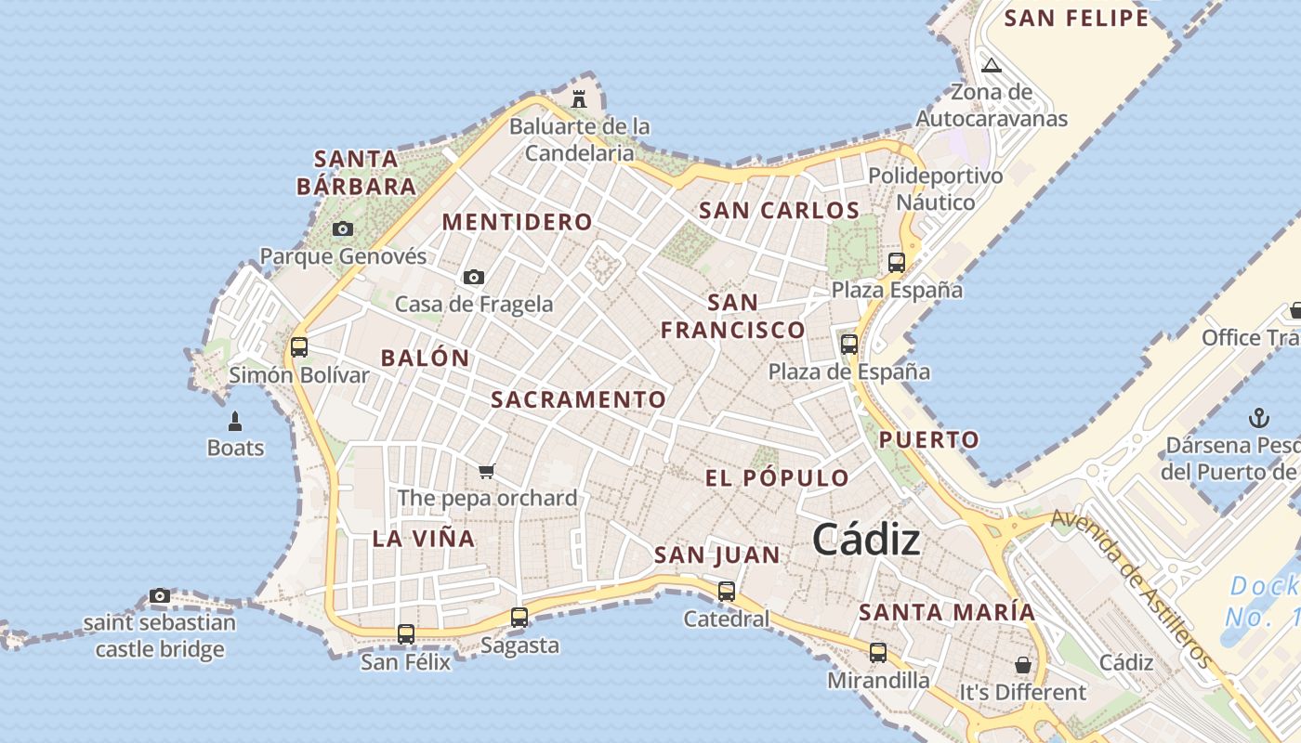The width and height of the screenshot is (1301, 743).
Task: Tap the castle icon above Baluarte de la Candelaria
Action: click(x=579, y=98)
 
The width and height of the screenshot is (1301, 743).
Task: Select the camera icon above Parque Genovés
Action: click(x=343, y=228)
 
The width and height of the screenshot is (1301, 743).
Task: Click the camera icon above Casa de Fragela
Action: click(x=474, y=277)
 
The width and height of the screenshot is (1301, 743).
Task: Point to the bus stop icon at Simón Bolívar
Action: click(x=298, y=347)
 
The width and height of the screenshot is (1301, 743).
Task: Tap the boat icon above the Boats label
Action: click(x=235, y=422)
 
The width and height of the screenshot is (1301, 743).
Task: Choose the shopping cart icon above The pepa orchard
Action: click(x=486, y=472)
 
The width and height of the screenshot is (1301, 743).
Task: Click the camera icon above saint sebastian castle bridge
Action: click(x=160, y=596)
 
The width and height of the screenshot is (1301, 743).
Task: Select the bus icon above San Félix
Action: click(x=405, y=634)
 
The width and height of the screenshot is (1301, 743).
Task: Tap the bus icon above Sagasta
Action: click(x=519, y=617)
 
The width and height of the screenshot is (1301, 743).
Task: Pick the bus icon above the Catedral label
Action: click(x=726, y=591)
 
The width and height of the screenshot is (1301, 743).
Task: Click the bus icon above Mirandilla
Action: click(x=877, y=653)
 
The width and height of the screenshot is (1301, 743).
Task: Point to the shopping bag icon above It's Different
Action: click(x=1022, y=665)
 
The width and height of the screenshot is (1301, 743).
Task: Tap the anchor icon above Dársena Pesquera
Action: click(x=1259, y=417)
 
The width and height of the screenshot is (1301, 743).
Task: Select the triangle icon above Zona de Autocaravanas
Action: click(x=992, y=65)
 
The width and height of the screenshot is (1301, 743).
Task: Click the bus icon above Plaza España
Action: click(x=896, y=262)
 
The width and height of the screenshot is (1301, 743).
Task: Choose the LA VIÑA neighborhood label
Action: click(x=424, y=539)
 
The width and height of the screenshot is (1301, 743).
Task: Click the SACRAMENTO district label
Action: click(x=578, y=399)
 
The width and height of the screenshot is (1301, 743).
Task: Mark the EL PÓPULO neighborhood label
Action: click(x=777, y=478)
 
